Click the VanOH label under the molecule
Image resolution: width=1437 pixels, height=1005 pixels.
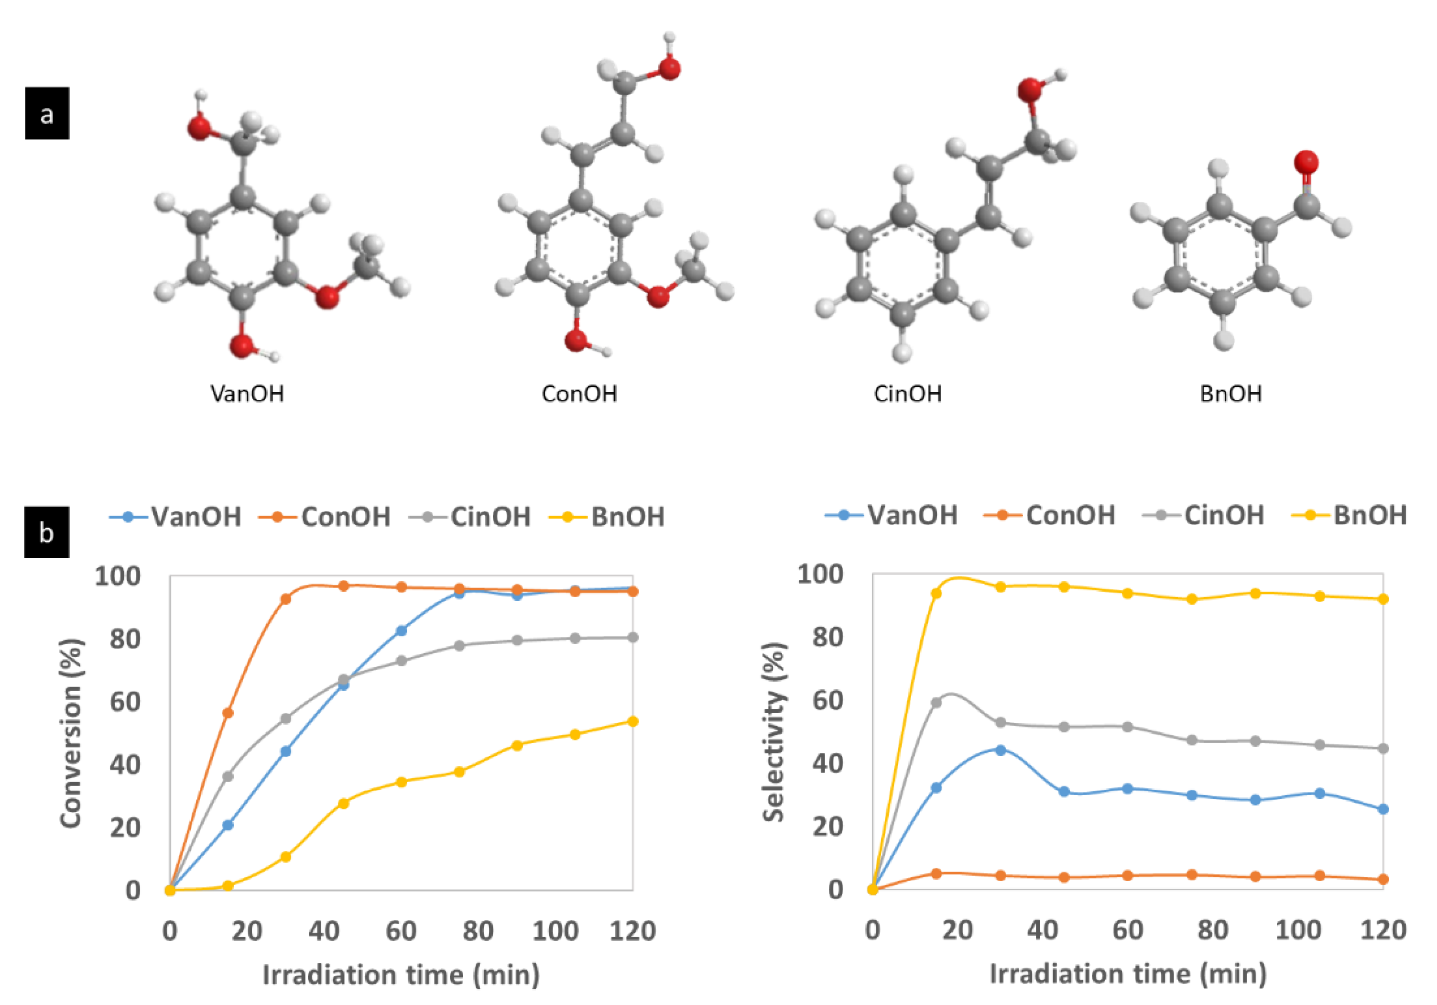pyautogui.click(x=247, y=394)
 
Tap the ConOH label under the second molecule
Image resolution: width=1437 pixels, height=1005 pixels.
pyautogui.click(x=579, y=394)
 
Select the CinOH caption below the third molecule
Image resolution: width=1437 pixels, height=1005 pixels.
pyautogui.click(x=907, y=394)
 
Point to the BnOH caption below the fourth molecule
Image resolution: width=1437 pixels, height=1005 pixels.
pyautogui.click(x=1230, y=394)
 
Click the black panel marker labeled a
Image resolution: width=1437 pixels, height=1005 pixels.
pyautogui.click(x=47, y=113)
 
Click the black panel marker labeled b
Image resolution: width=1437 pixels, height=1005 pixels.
pyautogui.click(x=47, y=532)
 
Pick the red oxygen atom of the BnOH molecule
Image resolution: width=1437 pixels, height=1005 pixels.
pyautogui.click(x=1306, y=162)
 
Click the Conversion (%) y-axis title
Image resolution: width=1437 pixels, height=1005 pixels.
pyautogui.click(x=71, y=733)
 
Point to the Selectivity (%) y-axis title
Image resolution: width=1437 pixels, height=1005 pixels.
pyautogui.click(x=774, y=732)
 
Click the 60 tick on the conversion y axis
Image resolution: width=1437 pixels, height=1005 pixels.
pyautogui.click(x=125, y=702)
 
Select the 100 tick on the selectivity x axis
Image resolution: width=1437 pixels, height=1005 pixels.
pyautogui.click(x=1297, y=930)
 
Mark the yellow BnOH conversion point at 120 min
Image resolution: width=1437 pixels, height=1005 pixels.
pyautogui.click(x=633, y=721)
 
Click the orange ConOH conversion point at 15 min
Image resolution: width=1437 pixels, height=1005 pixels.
pyautogui.click(x=228, y=713)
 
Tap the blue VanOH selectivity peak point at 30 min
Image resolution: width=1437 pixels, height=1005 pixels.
pyautogui.click(x=1000, y=750)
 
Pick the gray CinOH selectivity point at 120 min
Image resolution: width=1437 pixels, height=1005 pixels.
pyautogui.click(x=1383, y=748)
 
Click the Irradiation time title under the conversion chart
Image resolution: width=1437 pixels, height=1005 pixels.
pyautogui.click(x=401, y=975)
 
